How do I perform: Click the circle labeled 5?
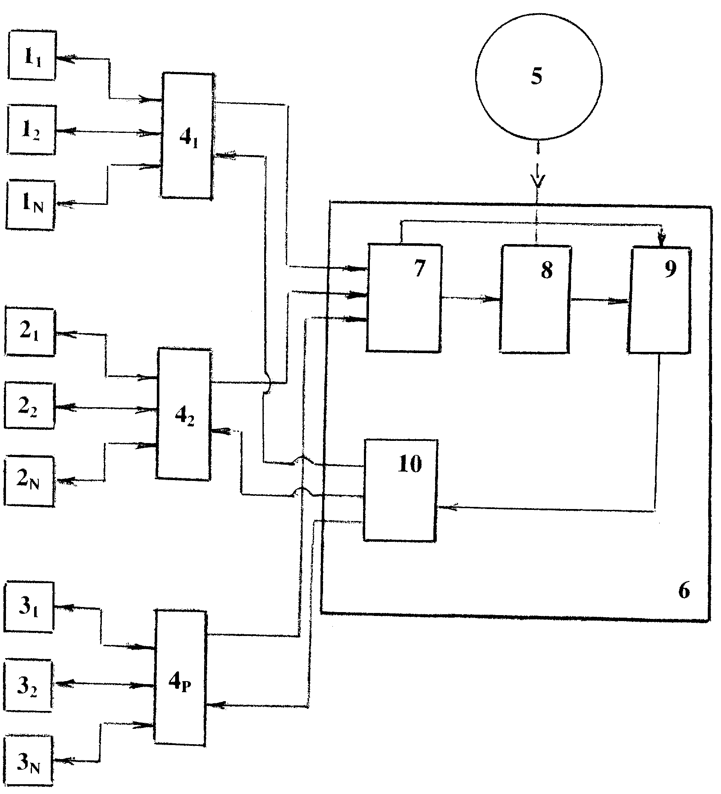coord(539,77)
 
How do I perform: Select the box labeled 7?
coord(404,297)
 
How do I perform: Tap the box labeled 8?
coord(536,298)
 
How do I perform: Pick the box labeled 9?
coord(660,299)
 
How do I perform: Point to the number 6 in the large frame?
coord(684,591)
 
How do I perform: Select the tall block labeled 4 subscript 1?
coord(187,135)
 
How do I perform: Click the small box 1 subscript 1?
coord(32,55)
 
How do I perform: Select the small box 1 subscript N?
coord(31,205)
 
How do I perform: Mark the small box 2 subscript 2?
coord(30,405)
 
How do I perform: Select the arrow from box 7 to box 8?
coord(471,299)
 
